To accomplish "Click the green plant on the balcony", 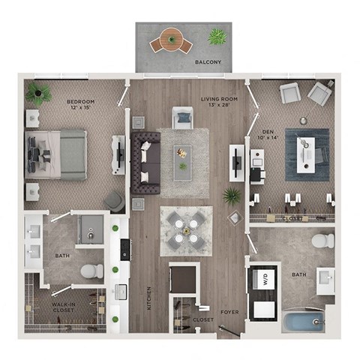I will point(217,36).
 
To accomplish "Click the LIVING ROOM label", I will point(218,100).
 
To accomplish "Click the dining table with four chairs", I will point(184,229).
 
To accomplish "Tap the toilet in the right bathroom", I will point(322,241).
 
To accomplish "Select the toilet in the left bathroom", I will point(91,271).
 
